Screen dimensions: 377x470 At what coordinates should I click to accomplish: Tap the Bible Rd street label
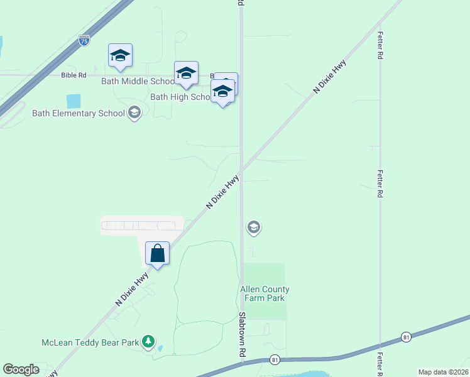tap(74, 75)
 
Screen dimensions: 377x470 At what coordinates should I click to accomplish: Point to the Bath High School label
tap(182, 97)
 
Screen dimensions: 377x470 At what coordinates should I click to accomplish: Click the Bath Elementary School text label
tap(78, 113)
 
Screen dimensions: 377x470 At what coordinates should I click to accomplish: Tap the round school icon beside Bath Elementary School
tap(134, 112)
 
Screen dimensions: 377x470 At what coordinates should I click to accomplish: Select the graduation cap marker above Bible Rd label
tap(120, 56)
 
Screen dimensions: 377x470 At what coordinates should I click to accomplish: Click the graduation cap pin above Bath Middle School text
tap(186, 74)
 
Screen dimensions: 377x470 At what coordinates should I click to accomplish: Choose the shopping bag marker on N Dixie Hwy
tap(157, 254)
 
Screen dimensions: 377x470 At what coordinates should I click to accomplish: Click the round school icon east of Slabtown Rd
tap(254, 227)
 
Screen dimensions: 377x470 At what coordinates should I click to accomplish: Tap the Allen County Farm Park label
tap(264, 293)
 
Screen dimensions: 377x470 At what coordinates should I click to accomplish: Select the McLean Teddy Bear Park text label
tap(89, 342)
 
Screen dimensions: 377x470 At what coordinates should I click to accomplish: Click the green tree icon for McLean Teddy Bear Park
tap(148, 341)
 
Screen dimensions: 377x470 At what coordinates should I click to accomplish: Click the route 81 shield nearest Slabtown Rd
tap(275, 359)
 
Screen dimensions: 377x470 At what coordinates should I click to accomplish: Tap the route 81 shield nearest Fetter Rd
tap(407, 337)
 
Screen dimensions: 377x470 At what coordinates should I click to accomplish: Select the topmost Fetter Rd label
tap(380, 46)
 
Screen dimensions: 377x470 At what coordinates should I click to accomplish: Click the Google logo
tap(21, 369)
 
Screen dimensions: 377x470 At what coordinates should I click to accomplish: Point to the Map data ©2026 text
tap(443, 372)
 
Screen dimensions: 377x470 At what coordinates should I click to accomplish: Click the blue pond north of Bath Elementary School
tap(74, 101)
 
